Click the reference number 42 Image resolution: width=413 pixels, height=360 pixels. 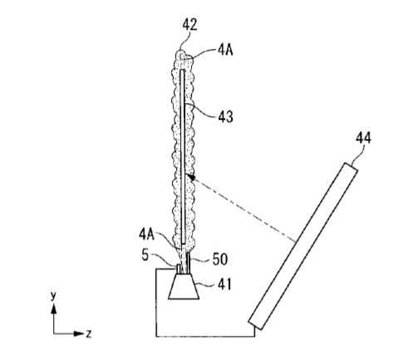(x=189, y=25)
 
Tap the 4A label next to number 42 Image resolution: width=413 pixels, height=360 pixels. (x=225, y=51)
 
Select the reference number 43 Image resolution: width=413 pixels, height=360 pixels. (x=226, y=116)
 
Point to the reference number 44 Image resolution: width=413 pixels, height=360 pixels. (x=363, y=138)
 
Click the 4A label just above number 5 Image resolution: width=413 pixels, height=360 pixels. (x=147, y=234)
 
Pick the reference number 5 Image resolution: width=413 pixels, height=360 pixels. (x=145, y=255)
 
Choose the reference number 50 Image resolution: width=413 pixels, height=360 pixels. (x=220, y=259)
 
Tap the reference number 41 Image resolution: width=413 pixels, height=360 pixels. (x=224, y=284)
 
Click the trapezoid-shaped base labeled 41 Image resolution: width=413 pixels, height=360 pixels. (x=184, y=287)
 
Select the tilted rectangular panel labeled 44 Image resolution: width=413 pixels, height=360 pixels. (x=303, y=246)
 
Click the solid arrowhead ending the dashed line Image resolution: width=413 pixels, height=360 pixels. (x=190, y=177)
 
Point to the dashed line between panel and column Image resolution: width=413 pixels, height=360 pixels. (x=243, y=209)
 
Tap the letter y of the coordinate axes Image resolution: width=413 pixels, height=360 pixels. (x=53, y=296)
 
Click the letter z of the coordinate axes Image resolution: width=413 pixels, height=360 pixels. (x=89, y=333)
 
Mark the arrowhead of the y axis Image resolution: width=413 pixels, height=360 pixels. (x=54, y=308)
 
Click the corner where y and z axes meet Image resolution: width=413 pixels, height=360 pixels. (x=54, y=333)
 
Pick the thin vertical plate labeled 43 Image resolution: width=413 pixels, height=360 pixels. (x=183, y=156)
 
